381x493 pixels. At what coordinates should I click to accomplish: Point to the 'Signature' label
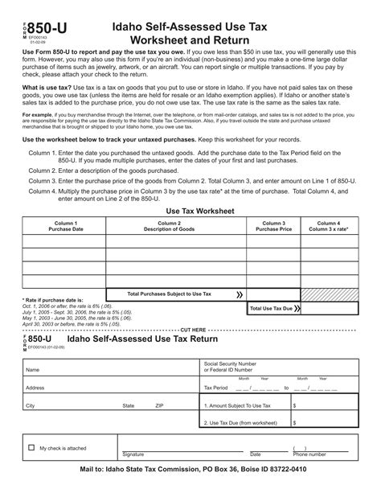(133, 454)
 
